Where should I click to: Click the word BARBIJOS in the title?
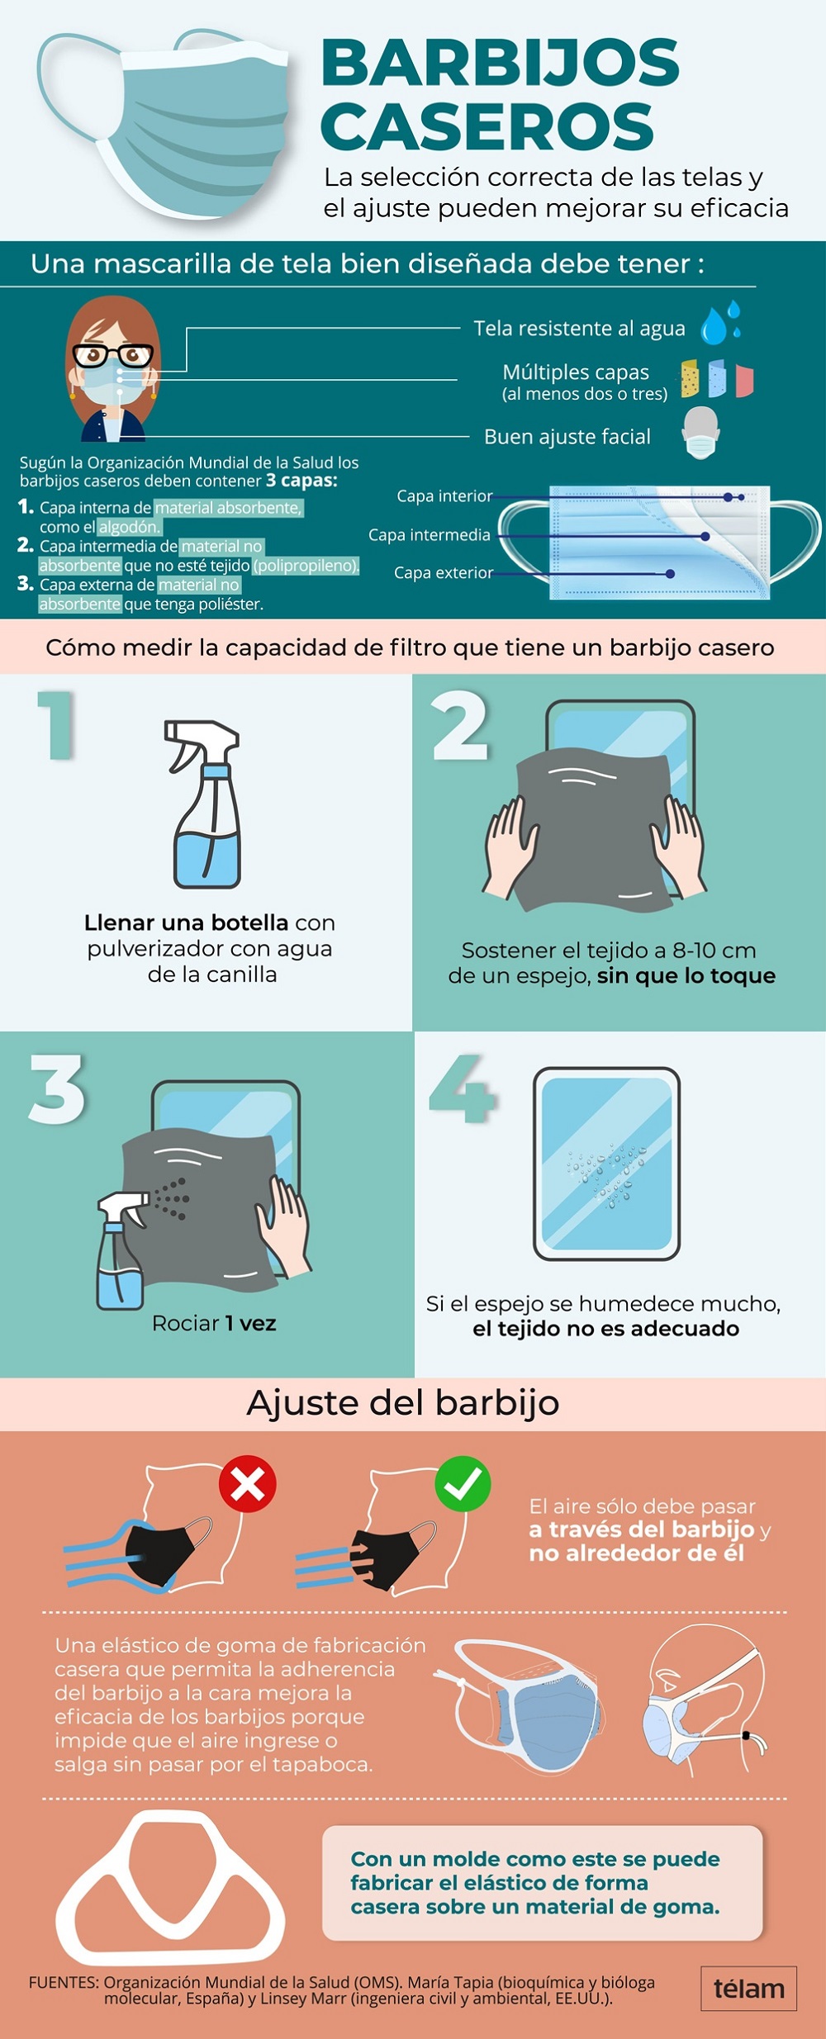[500, 63]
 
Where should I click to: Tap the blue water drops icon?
[721, 323]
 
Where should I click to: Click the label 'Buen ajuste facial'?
[567, 437]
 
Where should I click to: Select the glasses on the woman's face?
[113, 356]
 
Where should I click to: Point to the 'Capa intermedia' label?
[430, 535]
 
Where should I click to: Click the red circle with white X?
[247, 1484]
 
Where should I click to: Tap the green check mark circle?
[463, 1484]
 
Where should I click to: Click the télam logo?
[749, 1989]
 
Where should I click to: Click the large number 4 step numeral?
[462, 1088]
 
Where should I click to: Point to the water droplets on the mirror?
[607, 1173]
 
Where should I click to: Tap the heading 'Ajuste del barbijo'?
[403, 1403]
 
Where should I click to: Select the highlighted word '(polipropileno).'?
[306, 566]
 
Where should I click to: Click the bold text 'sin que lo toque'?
[686, 976]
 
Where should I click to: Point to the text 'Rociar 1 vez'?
[214, 1324]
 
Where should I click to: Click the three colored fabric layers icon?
[717, 378]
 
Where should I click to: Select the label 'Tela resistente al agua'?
[579, 329]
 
